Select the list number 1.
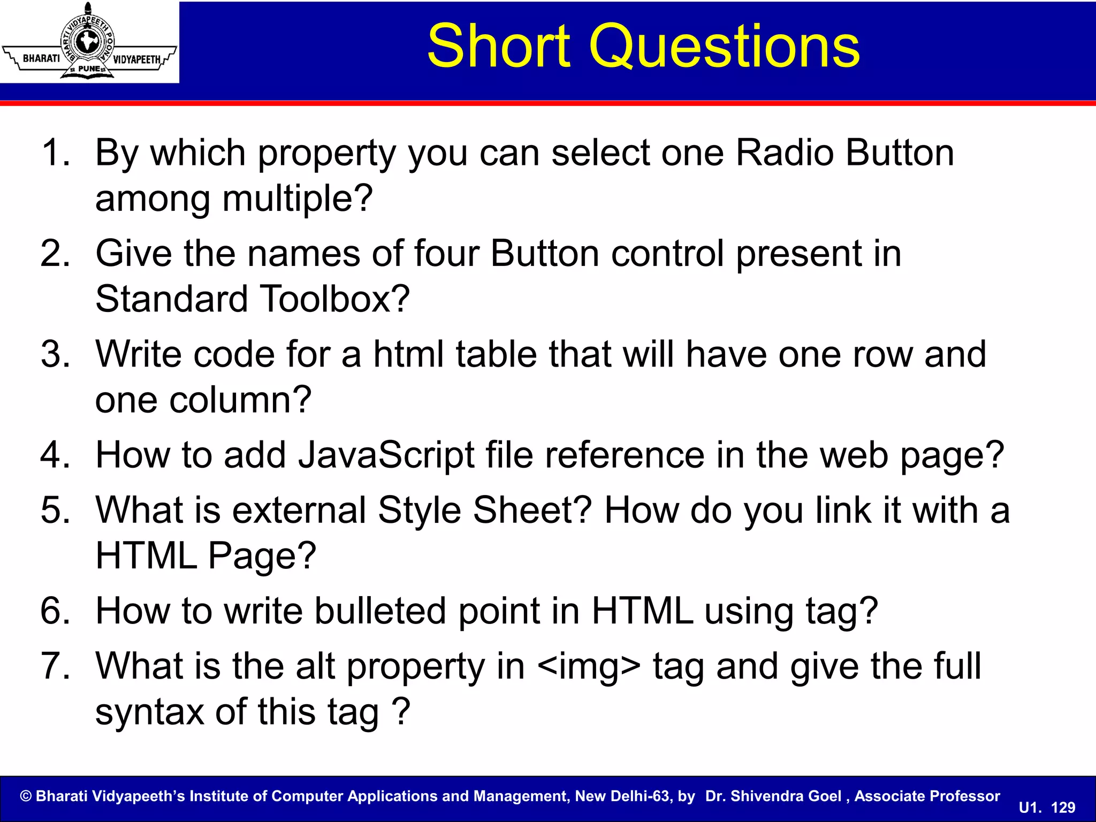click(x=55, y=153)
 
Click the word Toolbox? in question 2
click(x=334, y=299)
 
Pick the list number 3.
click(x=55, y=354)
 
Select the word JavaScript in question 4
click(x=385, y=455)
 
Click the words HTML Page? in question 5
click(x=205, y=555)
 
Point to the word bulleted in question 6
click(x=380, y=611)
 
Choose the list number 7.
click(x=55, y=666)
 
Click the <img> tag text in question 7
click(x=589, y=667)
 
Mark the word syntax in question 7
click(x=149, y=713)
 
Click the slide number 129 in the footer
click(x=1063, y=808)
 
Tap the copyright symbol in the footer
click(x=26, y=796)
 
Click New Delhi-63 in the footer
click(x=622, y=796)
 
